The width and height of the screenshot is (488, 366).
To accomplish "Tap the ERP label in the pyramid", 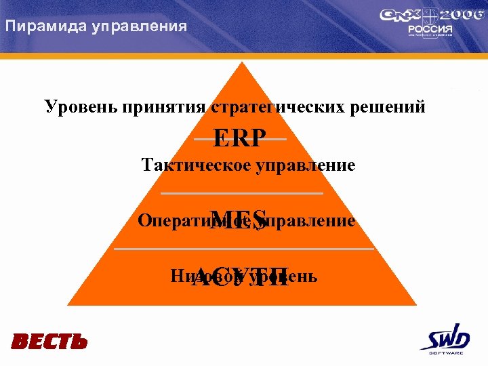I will pos(239,139).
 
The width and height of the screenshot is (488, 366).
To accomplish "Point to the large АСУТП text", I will pos(241,279).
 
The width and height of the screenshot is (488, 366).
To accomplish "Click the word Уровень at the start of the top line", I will pos(75,106).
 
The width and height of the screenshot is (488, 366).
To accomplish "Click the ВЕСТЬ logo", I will pos(49,341).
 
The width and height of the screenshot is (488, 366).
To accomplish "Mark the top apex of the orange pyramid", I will pos(241,62).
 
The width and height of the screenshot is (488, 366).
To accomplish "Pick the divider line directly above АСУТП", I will pos(244,249).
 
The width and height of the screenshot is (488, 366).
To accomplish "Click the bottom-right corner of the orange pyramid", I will pos(415,305).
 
